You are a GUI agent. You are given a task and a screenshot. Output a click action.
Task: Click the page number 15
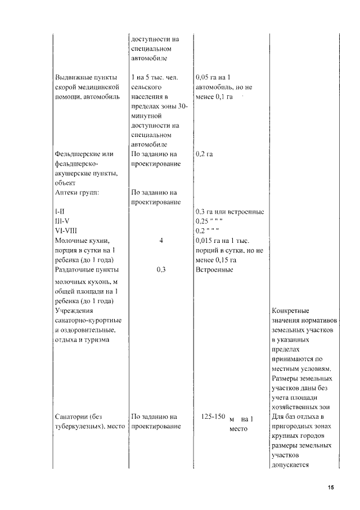coord(331,487)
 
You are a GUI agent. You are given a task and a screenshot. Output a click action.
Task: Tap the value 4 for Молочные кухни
coord(161,241)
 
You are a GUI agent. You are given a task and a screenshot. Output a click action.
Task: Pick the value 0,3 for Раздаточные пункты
coord(161,270)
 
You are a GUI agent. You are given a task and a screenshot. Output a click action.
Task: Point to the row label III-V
coord(62,221)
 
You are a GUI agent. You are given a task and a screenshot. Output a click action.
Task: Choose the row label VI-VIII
coord(66,230)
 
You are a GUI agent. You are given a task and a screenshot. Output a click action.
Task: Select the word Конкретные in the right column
coord(290,311)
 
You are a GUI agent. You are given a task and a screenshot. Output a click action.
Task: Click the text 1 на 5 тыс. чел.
coord(154,77)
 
